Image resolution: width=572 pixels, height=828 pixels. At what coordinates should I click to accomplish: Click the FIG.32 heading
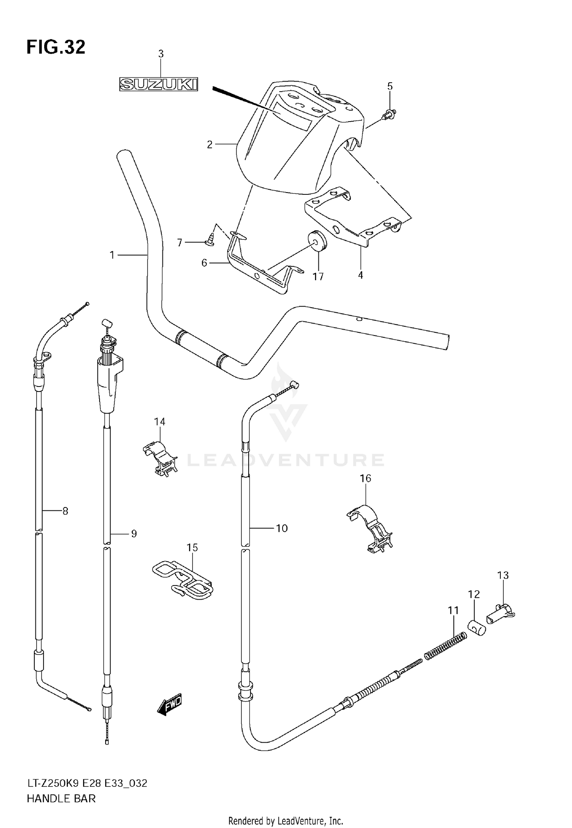click(x=56, y=48)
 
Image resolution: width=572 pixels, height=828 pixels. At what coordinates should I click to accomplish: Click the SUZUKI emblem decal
click(x=159, y=84)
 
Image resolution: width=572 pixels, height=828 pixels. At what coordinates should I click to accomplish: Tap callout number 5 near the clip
click(x=390, y=86)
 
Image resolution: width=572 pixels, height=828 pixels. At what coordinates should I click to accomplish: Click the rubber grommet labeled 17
click(x=317, y=241)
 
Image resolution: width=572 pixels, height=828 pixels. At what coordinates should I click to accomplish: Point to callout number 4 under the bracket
click(x=360, y=274)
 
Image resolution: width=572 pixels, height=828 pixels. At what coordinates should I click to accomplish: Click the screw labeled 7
click(x=209, y=240)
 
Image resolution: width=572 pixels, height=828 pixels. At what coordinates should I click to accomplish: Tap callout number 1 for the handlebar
click(x=112, y=255)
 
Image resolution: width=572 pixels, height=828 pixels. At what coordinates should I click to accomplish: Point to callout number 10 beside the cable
click(x=281, y=528)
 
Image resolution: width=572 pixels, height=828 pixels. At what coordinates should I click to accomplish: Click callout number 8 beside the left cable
click(x=65, y=511)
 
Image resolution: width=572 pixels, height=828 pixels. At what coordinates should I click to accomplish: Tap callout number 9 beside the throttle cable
click(x=133, y=534)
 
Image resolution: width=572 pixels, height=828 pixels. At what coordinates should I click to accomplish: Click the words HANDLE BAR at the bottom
click(x=61, y=799)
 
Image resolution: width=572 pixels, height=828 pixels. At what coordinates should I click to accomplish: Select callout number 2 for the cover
click(x=209, y=144)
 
